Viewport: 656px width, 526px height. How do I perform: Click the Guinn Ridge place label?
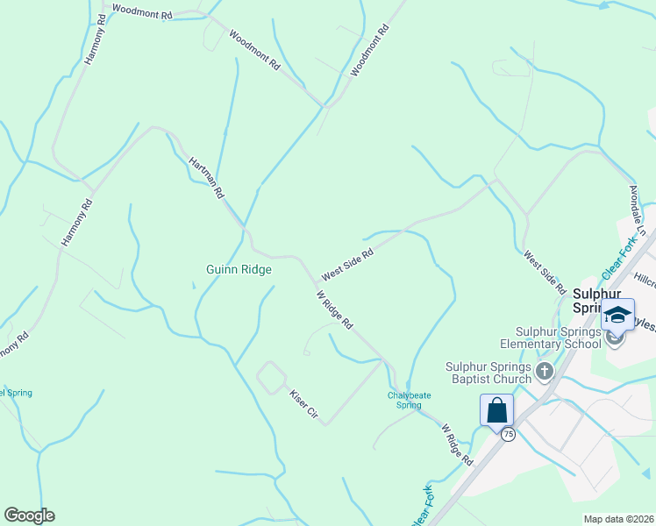pos(239,270)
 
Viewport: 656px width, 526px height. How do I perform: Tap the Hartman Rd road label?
pos(207,177)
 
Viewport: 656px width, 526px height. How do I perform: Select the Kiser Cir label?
pos(303,403)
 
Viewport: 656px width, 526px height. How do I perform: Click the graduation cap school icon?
pos(617,315)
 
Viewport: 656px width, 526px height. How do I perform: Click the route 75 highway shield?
pos(509,434)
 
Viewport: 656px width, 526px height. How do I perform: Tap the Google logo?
pos(29,515)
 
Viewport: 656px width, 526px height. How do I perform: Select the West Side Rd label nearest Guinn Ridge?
pos(347,263)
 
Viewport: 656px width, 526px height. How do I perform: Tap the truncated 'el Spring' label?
pos(16,393)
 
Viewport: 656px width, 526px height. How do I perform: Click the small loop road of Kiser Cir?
pos(271,378)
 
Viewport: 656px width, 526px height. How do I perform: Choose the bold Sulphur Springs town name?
pos(596,301)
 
